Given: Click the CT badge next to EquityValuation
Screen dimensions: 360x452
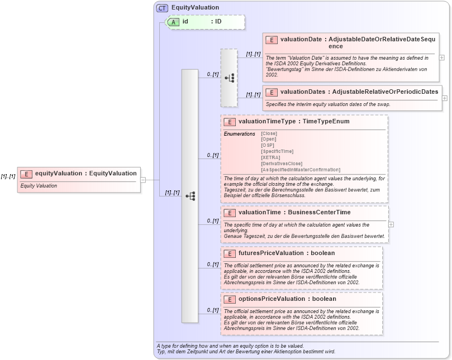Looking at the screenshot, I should (162, 8).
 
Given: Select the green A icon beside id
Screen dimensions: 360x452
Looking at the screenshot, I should (174, 22).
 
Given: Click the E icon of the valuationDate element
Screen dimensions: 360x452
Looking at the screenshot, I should (272, 40).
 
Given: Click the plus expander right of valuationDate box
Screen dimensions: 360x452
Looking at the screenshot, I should (442, 57).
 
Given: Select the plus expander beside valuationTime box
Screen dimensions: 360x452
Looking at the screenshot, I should (391, 224).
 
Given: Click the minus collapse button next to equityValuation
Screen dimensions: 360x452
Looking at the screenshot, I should (143, 180).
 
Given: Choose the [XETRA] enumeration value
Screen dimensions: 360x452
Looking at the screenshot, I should (270, 157).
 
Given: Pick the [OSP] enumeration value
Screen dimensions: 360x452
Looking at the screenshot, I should (268, 145).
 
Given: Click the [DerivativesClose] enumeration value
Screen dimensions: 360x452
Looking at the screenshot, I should (282, 164).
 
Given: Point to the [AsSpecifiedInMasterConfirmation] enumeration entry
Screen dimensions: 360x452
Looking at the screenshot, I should (300, 170).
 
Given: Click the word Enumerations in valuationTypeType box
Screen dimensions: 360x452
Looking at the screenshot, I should (239, 134).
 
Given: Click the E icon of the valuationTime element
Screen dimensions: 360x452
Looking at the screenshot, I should (230, 213).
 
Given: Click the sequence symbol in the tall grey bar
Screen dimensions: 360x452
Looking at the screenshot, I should (190, 196).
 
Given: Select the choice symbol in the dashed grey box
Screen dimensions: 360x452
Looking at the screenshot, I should (229, 78).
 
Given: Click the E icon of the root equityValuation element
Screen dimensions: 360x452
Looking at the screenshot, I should (26, 174).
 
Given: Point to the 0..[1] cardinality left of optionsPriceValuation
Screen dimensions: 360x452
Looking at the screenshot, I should (212, 310).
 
